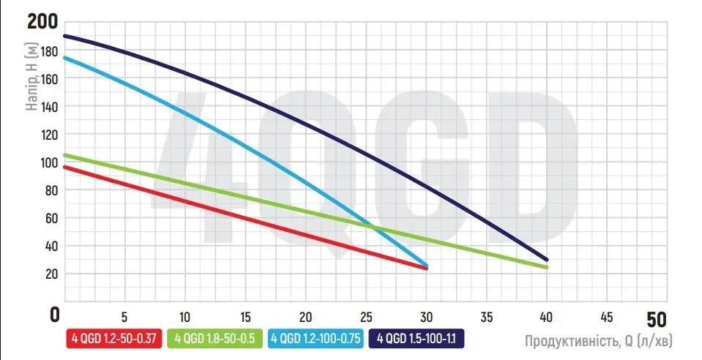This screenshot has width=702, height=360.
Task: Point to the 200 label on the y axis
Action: click(43, 21)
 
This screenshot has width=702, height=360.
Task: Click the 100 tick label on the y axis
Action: click(48, 162)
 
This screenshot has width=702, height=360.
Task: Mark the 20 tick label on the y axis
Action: click(51, 274)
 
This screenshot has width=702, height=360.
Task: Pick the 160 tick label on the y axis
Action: click(48, 79)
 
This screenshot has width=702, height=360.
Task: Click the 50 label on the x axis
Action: click(657, 320)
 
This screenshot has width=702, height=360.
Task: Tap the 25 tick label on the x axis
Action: click(365, 318)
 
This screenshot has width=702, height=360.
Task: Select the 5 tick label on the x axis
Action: click(124, 318)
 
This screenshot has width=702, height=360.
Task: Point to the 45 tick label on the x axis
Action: click(606, 318)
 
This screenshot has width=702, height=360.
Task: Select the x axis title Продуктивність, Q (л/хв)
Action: click(597, 340)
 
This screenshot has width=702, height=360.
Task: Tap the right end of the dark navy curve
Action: click(546, 260)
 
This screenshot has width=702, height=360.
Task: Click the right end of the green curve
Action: click(546, 267)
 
